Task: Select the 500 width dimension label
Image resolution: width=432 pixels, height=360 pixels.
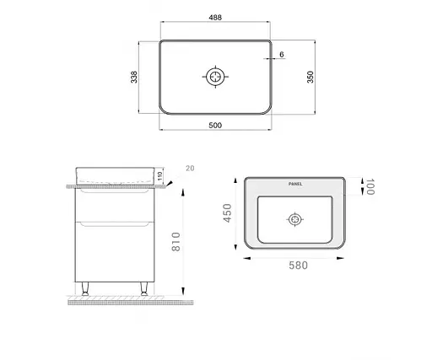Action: (x=216, y=126)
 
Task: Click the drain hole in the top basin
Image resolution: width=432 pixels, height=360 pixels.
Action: (x=216, y=77)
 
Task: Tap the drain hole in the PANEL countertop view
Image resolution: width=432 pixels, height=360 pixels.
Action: (x=294, y=221)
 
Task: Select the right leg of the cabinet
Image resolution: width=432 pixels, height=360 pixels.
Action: (x=143, y=292)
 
